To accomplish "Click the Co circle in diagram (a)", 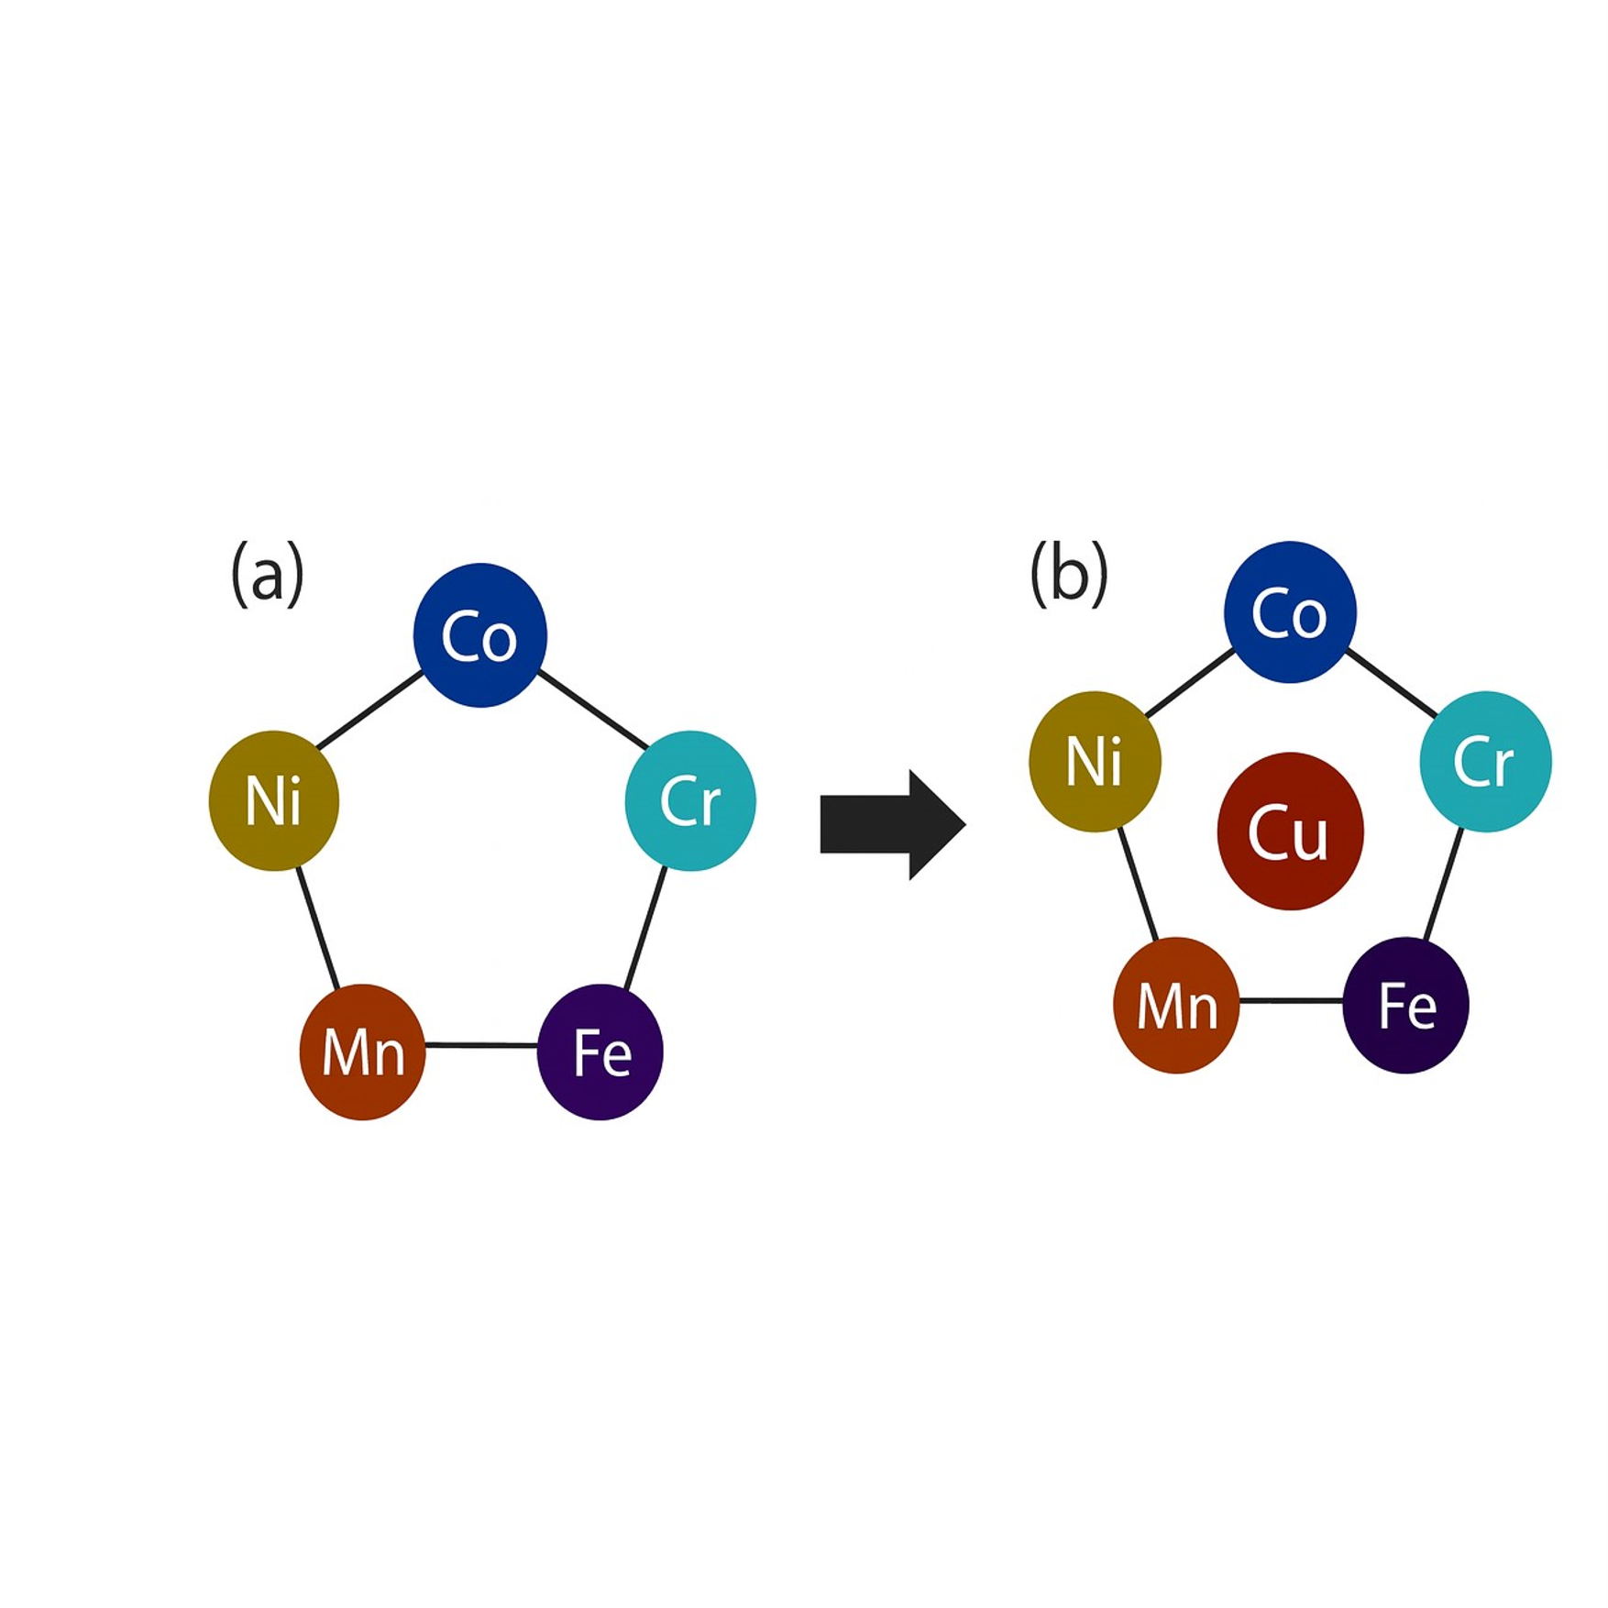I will click(x=479, y=635).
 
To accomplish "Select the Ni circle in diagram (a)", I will click(x=273, y=800).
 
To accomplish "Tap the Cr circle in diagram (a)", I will click(x=690, y=800).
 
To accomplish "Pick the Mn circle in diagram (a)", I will click(x=362, y=1052).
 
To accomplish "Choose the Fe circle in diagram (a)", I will click(x=600, y=1052).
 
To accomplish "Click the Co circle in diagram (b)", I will click(x=1290, y=612).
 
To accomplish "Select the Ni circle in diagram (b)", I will click(x=1095, y=761).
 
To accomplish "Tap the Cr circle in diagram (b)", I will click(x=1485, y=761).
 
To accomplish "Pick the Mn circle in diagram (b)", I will click(x=1176, y=1005).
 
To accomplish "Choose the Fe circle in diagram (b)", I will click(x=1405, y=1005).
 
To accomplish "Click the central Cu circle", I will click(x=1290, y=832).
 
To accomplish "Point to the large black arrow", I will click(x=889, y=825).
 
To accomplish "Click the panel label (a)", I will click(x=267, y=574).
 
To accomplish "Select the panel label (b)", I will click(x=1069, y=574).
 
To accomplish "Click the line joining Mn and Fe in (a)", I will click(x=481, y=1044).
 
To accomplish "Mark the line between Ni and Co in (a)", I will click(x=369, y=710).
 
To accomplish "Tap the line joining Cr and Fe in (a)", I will click(x=645, y=928).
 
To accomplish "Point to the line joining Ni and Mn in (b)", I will click(x=1138, y=885).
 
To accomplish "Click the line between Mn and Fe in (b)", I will click(x=1291, y=1000).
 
